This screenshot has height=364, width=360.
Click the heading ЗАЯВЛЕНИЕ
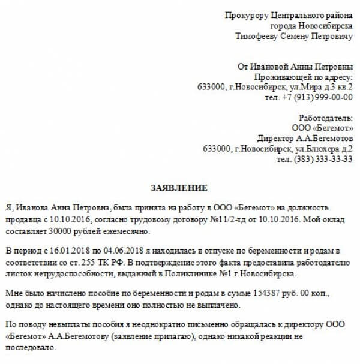pyautogui.click(x=179, y=188)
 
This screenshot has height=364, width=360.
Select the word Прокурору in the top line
pyautogui.click(x=245, y=15)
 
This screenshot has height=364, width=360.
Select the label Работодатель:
pyautogui.click(x=326, y=118)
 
